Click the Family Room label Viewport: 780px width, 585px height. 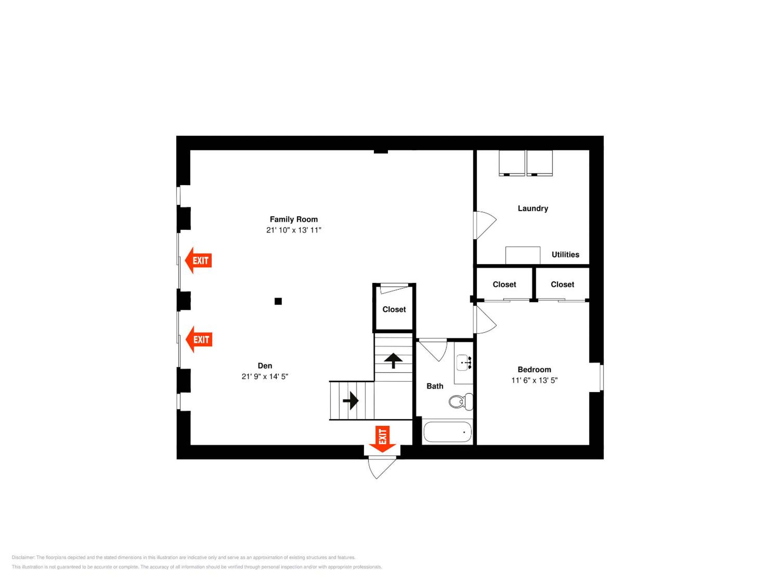point(294,219)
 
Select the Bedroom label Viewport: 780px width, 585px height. point(534,369)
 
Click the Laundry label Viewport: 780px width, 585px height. point(533,208)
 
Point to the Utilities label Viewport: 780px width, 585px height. point(565,255)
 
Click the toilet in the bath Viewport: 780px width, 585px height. point(461,401)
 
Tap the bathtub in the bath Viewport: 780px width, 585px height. point(447,432)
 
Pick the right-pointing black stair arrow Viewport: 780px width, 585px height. point(350,401)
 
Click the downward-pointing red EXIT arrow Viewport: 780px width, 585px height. point(382,439)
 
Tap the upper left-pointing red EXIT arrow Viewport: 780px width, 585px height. point(198,261)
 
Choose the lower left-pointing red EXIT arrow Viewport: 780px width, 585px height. point(199,340)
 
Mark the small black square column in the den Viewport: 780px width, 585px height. point(278,301)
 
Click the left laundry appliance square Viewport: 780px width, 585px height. point(512,163)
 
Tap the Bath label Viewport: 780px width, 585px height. point(435,386)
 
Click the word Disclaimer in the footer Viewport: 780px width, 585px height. point(23,557)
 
